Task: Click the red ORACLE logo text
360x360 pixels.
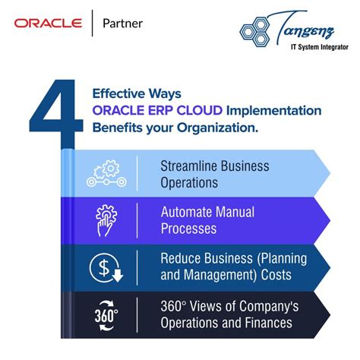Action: [47, 23]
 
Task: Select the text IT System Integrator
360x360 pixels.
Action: [311, 47]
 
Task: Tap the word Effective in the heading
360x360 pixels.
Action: [119, 94]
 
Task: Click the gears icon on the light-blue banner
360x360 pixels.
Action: [105, 173]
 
